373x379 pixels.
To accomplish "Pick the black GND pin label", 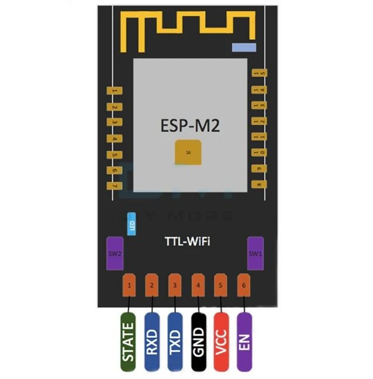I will pos(199,341).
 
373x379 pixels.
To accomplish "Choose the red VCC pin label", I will pos(222,341).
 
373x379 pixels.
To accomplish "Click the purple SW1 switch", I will pos(255,253).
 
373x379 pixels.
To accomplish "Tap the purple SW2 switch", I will pos(115,253).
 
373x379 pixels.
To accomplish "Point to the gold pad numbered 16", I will pos(188,152).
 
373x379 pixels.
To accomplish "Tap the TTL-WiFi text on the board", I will pos(186,241).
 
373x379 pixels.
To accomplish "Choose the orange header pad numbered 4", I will pos(198,286).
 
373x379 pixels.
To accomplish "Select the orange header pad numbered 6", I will pos(243,286).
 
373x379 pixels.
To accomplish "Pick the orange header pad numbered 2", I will pos(152,286).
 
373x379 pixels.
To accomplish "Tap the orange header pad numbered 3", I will pos(175,286).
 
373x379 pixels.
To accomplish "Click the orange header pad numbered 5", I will pos(221,286).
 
